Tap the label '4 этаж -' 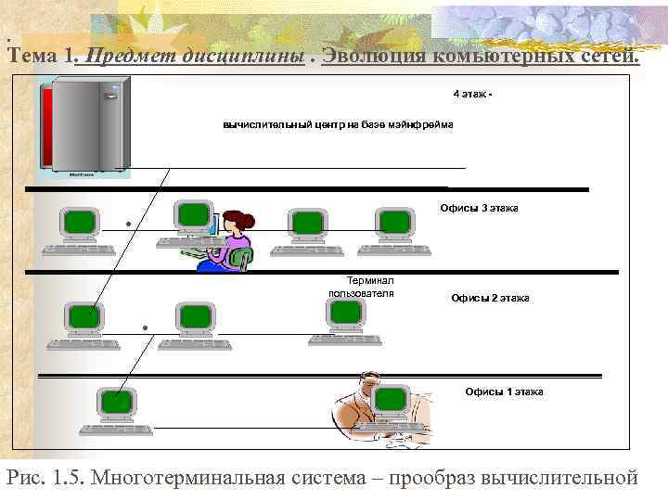473,95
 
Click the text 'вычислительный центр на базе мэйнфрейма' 338,125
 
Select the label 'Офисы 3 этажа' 479,208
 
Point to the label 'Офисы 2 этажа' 490,298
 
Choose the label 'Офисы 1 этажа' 504,392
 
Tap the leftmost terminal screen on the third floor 80,221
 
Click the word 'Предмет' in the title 122,56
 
